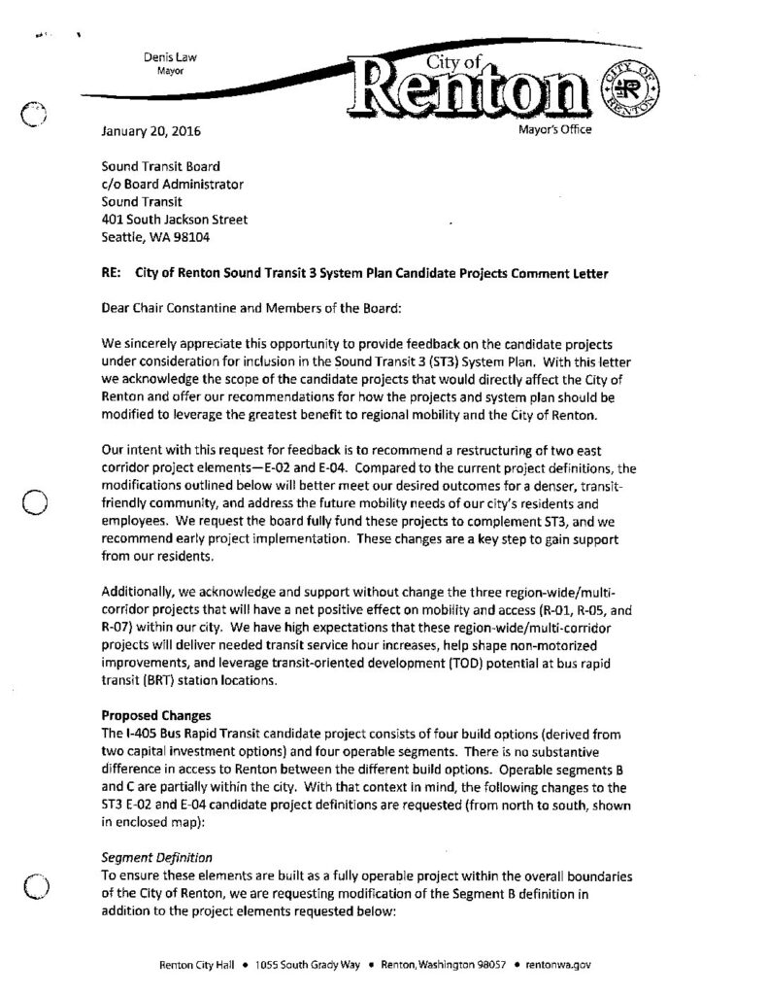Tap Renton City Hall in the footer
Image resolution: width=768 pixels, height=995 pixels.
pyautogui.click(x=200, y=966)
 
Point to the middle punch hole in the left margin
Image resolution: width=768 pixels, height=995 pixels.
pyautogui.click(x=35, y=502)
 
